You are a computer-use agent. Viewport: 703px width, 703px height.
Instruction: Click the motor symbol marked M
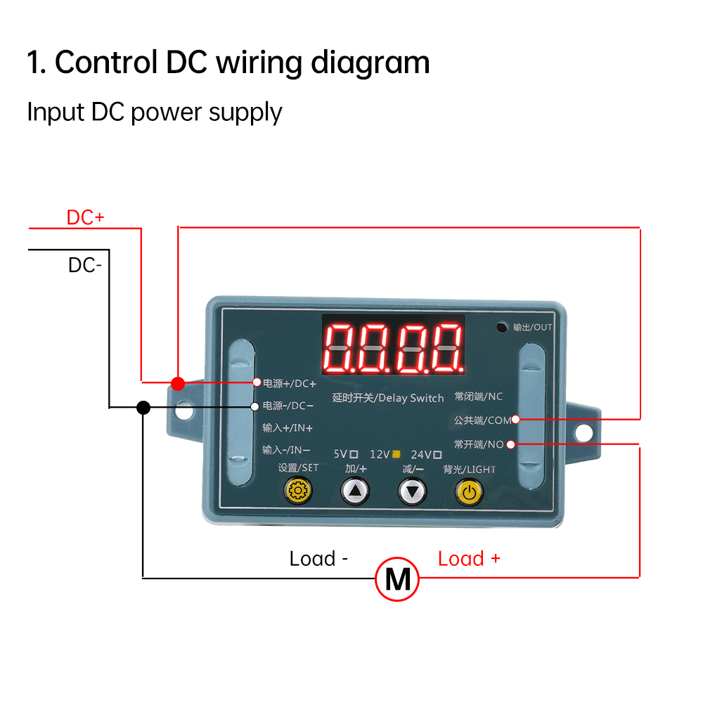397,580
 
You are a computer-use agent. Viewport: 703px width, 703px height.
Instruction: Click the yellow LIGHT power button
469,491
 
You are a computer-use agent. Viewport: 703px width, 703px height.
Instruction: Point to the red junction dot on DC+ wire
178,383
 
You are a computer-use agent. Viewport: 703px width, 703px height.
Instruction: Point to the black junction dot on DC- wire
143,407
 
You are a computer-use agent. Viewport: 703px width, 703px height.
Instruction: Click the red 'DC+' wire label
85,218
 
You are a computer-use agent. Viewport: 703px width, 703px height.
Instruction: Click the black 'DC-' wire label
85,266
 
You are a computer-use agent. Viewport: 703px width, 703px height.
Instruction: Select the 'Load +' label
469,559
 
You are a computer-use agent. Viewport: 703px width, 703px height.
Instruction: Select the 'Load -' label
318,559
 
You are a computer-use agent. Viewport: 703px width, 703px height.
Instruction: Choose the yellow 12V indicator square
396,454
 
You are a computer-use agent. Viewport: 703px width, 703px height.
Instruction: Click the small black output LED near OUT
502,328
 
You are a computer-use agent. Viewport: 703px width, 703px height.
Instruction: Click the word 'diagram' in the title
370,63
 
